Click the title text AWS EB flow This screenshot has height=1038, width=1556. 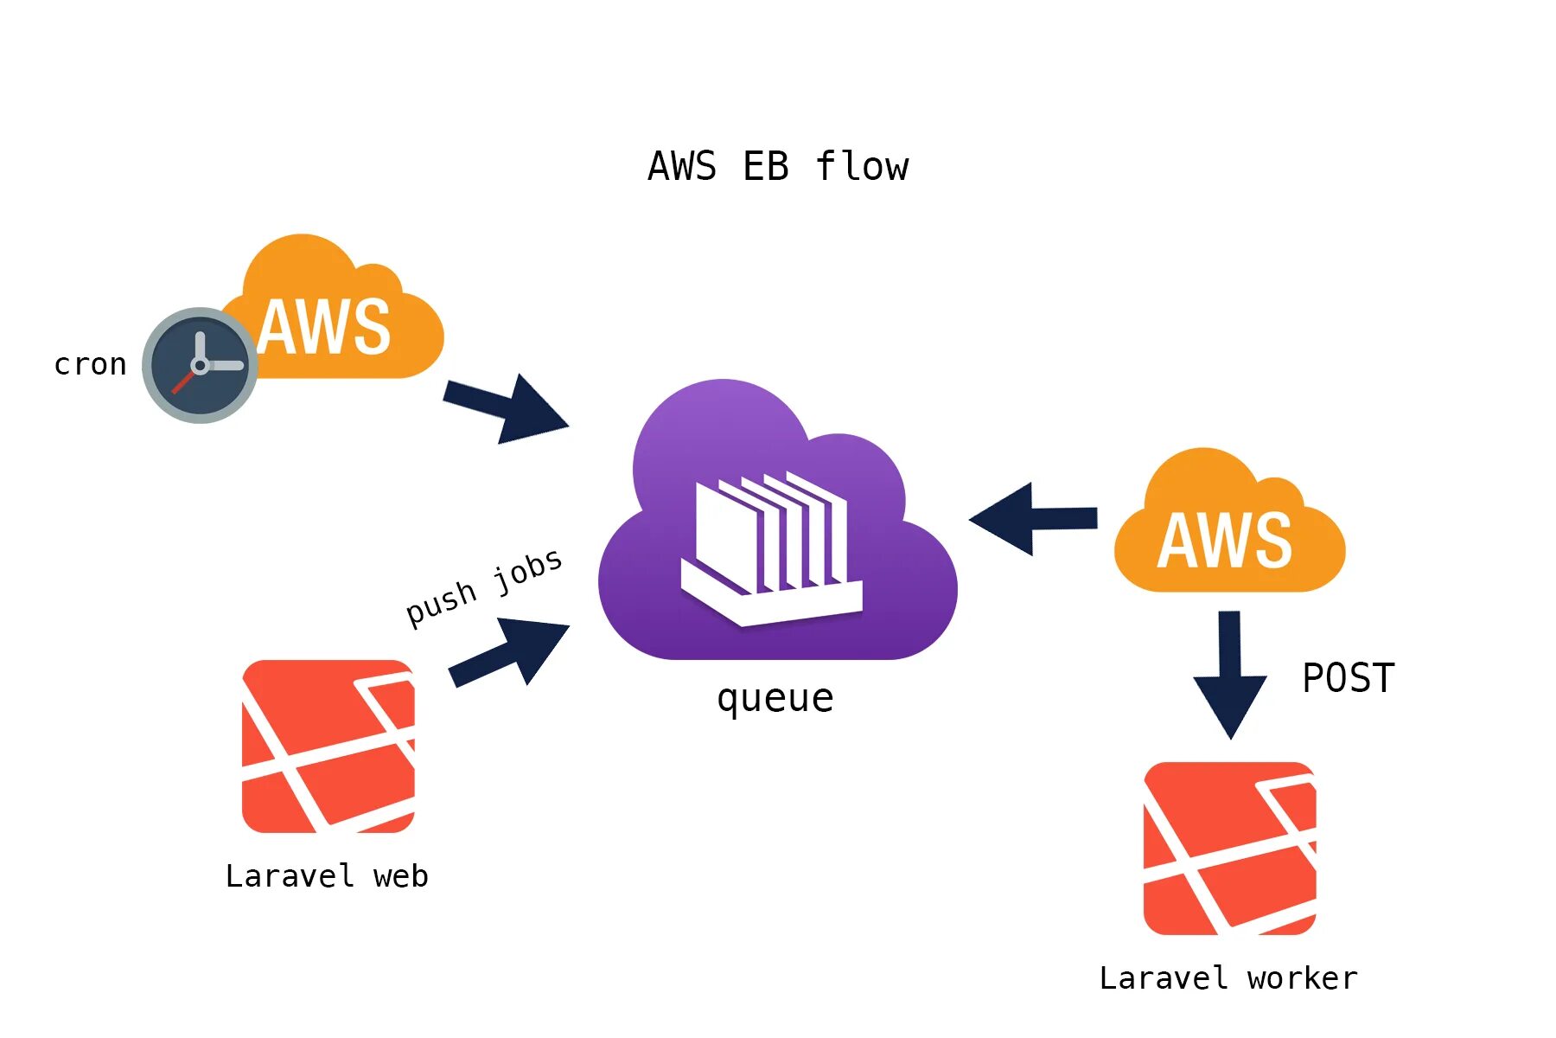(778, 166)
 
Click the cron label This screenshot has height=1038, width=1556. (90, 364)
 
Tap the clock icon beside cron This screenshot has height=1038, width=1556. (200, 365)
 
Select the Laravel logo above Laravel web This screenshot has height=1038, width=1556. (328, 746)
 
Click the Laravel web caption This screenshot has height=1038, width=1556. (327, 876)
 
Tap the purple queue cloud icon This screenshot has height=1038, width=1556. (776, 528)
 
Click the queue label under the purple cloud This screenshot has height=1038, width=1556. (775, 698)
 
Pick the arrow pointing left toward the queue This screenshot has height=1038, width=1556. (1033, 519)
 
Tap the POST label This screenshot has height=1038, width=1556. (1349, 678)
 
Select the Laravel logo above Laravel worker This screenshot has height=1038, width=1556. (1229, 849)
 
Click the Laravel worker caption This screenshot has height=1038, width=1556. (1228, 978)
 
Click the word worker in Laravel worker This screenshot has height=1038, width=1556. (1302, 978)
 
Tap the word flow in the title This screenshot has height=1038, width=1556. (862, 166)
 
